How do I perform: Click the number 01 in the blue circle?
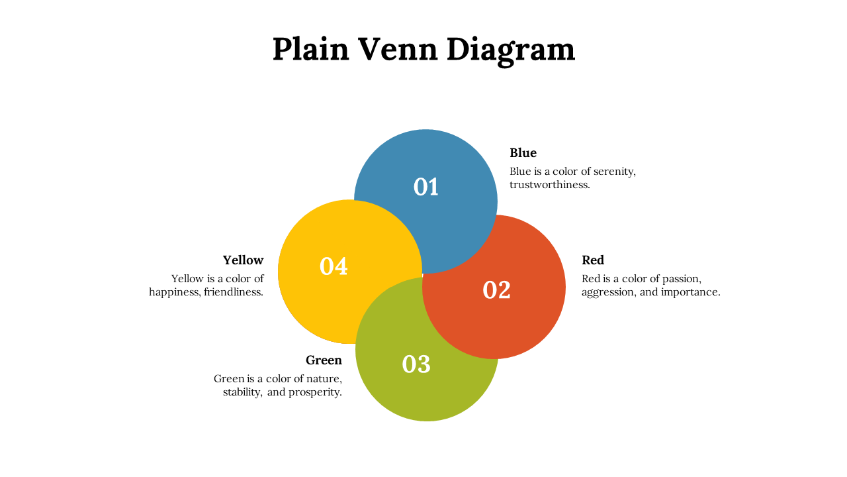[425, 187]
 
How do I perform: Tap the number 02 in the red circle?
[496, 290]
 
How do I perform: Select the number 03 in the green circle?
[416, 364]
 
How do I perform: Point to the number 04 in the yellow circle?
[334, 266]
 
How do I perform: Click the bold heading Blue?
[523, 153]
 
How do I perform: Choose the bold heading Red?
[593, 260]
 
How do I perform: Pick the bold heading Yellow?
[243, 260]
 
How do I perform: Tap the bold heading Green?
[324, 360]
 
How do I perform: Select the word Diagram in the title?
[511, 51]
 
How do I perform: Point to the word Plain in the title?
[311, 49]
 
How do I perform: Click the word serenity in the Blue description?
[615, 172]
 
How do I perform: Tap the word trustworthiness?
[549, 185]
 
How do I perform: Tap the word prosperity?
[315, 393]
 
